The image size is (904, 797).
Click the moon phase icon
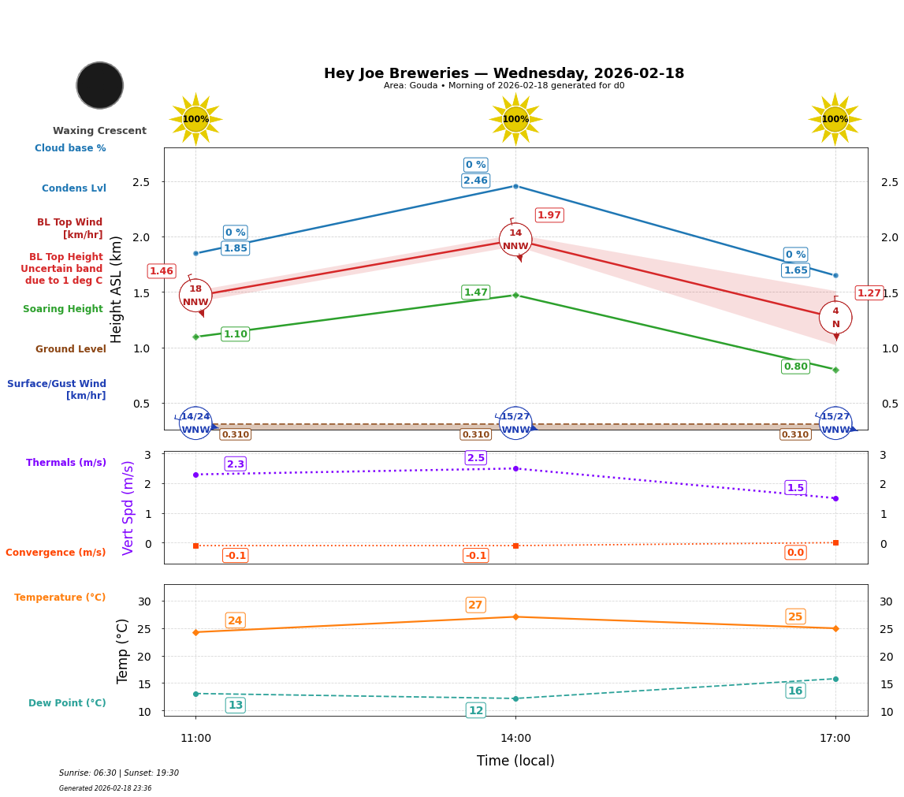click(x=99, y=85)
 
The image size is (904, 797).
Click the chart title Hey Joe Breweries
click(x=504, y=73)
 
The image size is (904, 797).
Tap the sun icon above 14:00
click(x=515, y=119)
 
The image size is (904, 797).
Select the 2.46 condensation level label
click(x=475, y=181)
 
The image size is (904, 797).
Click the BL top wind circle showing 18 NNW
click(x=195, y=295)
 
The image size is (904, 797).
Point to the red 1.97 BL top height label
click(x=549, y=215)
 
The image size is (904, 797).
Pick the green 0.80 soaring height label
click(x=795, y=367)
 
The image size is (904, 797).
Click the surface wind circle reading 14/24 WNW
click(x=195, y=423)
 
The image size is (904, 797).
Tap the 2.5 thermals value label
click(x=475, y=458)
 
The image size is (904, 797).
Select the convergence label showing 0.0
click(x=795, y=553)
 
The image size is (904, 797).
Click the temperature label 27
click(x=475, y=605)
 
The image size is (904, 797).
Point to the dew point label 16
click(x=795, y=691)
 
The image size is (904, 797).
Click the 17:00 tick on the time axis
click(x=835, y=739)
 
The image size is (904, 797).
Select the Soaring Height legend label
click(x=63, y=309)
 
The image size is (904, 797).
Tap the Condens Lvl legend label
click(x=74, y=188)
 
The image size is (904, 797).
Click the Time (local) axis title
click(x=515, y=761)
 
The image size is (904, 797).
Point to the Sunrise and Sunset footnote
click(x=119, y=773)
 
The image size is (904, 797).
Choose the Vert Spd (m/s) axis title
click(x=128, y=508)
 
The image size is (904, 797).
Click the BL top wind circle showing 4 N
click(x=835, y=317)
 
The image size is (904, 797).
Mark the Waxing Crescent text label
click(x=99, y=131)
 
